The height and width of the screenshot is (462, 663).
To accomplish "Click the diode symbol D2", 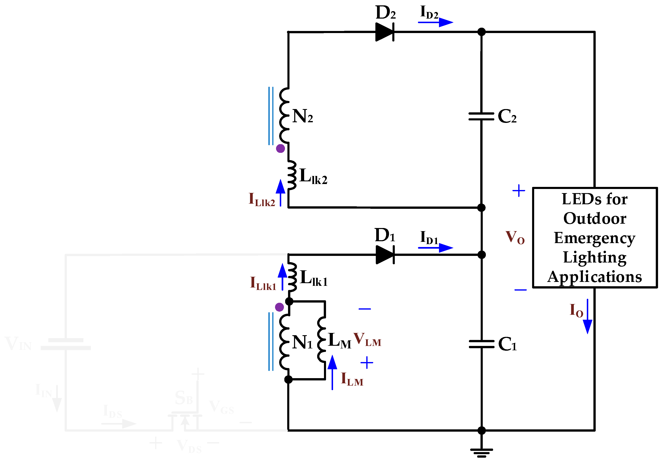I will pyautogui.click(x=385, y=32).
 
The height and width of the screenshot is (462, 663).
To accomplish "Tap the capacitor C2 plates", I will pyautogui.click(x=481, y=116).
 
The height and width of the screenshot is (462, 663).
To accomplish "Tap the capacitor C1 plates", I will pyautogui.click(x=481, y=344).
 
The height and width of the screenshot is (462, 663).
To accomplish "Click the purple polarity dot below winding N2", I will pyautogui.click(x=280, y=148).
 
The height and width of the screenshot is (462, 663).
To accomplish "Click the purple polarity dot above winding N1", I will pyautogui.click(x=279, y=307).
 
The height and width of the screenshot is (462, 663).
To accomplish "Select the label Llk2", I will pyautogui.click(x=313, y=176).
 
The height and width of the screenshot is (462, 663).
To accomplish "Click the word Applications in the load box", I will pyautogui.click(x=595, y=277).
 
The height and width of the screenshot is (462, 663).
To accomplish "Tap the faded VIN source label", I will pyautogui.click(x=18, y=344).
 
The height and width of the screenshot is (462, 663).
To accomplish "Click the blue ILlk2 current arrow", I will pyautogui.click(x=280, y=193).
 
